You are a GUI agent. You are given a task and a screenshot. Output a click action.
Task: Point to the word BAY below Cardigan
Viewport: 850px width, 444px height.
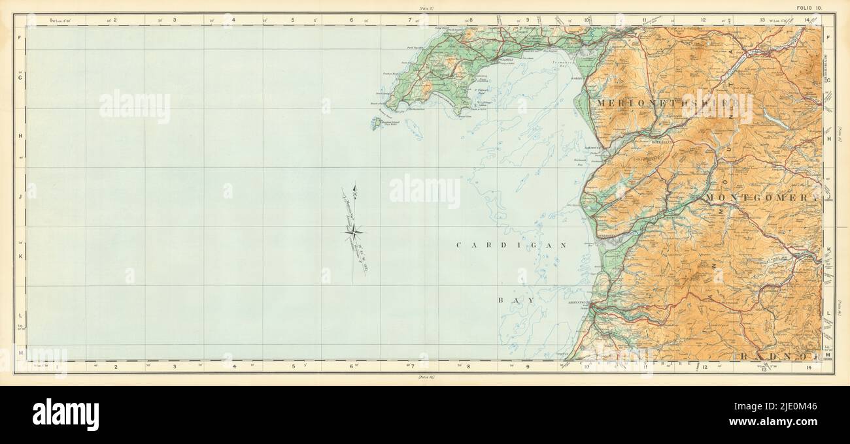coord(513,299)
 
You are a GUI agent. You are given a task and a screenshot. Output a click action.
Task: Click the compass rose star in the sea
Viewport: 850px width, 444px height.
coord(353,229)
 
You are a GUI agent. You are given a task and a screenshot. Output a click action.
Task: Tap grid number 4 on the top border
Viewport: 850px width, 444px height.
coord(233,20)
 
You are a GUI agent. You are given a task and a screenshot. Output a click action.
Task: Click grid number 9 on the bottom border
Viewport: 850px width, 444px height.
coord(528,367)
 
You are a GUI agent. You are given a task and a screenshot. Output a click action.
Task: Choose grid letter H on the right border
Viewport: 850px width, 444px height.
coord(828,137)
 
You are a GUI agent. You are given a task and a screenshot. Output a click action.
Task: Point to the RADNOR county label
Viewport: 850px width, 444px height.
coord(778,355)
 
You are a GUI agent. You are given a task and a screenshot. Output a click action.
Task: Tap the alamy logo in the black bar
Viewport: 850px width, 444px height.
coord(65,414)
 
